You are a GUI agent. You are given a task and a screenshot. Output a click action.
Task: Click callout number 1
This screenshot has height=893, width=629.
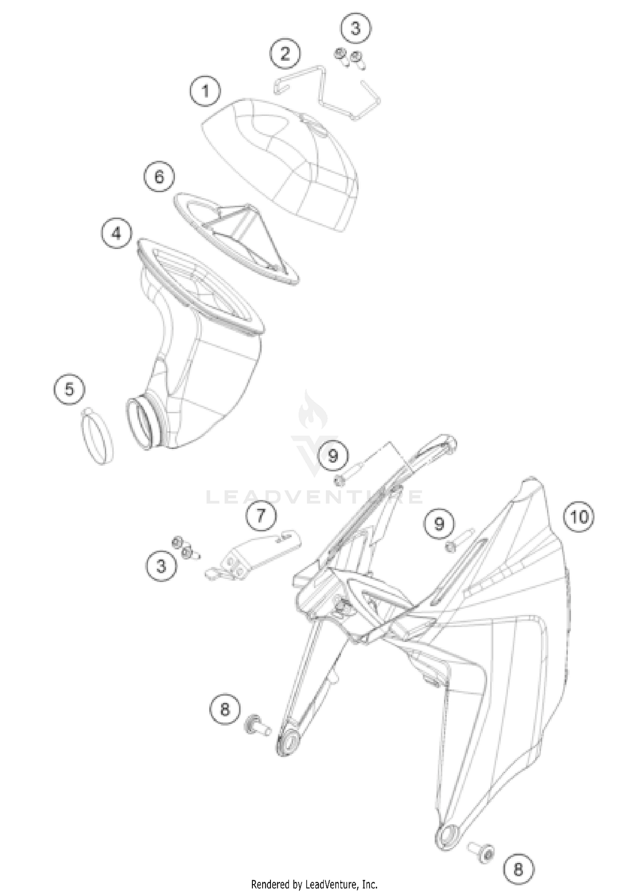click(205, 91)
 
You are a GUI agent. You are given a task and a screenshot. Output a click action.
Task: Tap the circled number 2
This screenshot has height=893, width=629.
click(285, 54)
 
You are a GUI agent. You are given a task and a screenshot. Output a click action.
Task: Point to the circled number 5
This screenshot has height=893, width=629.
click(69, 389)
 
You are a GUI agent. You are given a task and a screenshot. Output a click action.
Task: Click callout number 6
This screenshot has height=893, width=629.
click(159, 177)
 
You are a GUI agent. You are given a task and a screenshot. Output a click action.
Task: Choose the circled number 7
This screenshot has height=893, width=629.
click(261, 515)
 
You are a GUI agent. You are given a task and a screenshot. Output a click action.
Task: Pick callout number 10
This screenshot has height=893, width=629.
click(580, 517)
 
